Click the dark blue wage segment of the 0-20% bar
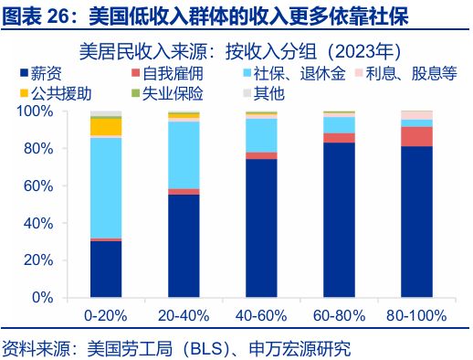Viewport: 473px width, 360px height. coord(106,269)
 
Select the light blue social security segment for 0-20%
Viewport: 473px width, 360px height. coord(106,187)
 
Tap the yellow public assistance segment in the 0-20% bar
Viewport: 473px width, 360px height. coord(106,127)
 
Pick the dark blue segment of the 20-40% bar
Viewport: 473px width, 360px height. coord(184,246)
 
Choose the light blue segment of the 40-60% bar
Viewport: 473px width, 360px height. coord(261,135)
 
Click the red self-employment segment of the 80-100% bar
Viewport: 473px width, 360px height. coord(416,136)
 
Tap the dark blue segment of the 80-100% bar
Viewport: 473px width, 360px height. coord(416,222)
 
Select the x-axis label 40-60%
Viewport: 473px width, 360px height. coord(261,316)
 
